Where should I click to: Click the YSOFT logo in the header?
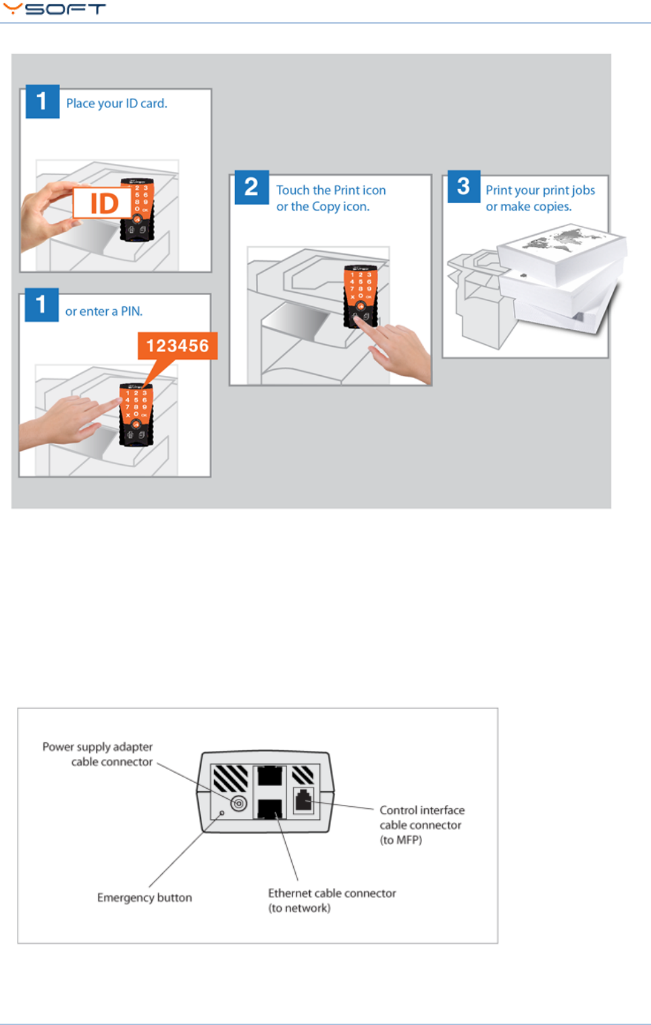(x=54, y=9)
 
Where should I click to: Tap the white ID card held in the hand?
(x=102, y=203)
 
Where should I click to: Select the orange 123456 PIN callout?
(x=178, y=345)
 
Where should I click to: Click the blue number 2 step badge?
(x=251, y=187)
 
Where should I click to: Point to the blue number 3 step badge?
(x=463, y=187)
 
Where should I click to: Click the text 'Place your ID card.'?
(x=116, y=103)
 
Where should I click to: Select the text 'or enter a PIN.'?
(x=103, y=311)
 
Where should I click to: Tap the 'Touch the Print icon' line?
(x=331, y=190)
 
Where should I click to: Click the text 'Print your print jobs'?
(x=540, y=190)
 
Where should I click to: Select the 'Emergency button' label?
(x=144, y=897)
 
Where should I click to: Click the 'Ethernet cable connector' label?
(x=332, y=893)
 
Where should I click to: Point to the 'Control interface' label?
(x=421, y=810)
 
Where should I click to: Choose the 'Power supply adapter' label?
(x=97, y=747)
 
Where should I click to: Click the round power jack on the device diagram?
(x=238, y=804)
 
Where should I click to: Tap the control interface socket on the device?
(x=304, y=801)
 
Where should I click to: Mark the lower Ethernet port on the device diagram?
(x=269, y=808)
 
